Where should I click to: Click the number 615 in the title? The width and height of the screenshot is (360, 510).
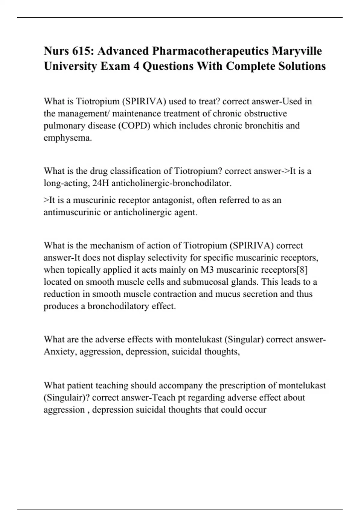click(x=80, y=51)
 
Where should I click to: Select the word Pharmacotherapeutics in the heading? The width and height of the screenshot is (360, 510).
click(x=210, y=51)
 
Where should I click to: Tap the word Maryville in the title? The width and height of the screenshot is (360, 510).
click(x=297, y=51)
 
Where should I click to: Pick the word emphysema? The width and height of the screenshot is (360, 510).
click(x=68, y=138)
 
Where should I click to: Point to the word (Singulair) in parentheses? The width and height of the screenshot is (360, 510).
click(x=67, y=397)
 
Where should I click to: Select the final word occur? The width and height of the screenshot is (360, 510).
click(x=255, y=409)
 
